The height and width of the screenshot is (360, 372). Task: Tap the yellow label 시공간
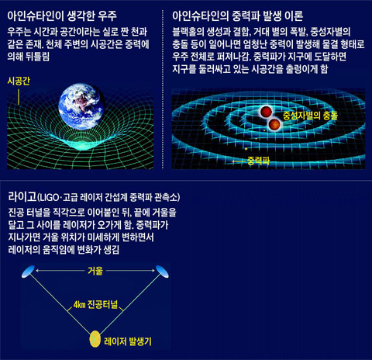pyautogui.click(x=19, y=81)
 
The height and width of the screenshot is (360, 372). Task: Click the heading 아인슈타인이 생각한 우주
pyautogui.click(x=62, y=16)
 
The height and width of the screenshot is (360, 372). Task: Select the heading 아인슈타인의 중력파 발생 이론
pyautogui.click(x=238, y=16)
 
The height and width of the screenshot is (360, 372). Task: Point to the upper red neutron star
pyautogui.click(x=266, y=112)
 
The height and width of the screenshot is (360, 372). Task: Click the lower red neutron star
pyautogui.click(x=274, y=124)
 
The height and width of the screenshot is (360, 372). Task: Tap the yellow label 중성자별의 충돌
pyautogui.click(x=310, y=116)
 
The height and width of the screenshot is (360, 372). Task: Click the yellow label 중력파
pyautogui.click(x=258, y=161)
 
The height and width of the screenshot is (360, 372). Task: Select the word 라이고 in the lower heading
pyautogui.click(x=22, y=196)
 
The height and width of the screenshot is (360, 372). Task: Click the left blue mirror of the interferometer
pyautogui.click(x=28, y=272)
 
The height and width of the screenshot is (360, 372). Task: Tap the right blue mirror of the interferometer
pyautogui.click(x=162, y=272)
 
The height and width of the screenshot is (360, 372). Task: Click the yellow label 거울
pyautogui.click(x=95, y=271)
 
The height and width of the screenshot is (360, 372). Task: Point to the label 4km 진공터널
pyautogui.click(x=95, y=304)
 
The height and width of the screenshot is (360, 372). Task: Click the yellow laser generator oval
pyautogui.click(x=95, y=339)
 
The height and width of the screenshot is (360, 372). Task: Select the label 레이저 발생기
pyautogui.click(x=128, y=341)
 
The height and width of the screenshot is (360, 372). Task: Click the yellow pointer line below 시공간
pyautogui.click(x=19, y=97)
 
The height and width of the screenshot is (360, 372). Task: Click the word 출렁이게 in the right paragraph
pyautogui.click(x=298, y=69)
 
